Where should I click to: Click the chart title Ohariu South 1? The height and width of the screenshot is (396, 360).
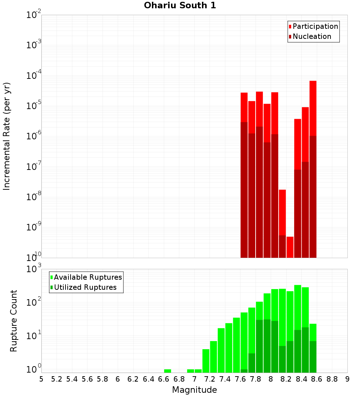click(180, 6)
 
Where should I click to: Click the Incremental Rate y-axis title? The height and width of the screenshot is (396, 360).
click(7, 136)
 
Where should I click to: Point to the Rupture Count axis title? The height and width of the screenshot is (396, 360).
click(14, 321)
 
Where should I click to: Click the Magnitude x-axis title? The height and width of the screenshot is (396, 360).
click(194, 390)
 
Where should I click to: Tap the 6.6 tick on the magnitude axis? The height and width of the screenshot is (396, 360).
click(164, 379)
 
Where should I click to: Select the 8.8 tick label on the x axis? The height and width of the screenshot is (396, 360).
click(332, 379)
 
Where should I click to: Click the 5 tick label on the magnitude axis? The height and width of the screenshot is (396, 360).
click(41, 379)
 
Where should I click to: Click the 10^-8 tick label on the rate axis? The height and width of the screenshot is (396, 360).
click(34, 197)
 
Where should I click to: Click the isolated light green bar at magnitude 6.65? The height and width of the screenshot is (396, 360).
click(167, 371)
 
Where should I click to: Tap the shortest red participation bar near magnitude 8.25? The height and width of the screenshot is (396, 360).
click(290, 247)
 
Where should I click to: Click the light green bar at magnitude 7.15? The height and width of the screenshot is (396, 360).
click(206, 361)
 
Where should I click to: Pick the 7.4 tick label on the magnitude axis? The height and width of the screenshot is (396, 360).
click(225, 379)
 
